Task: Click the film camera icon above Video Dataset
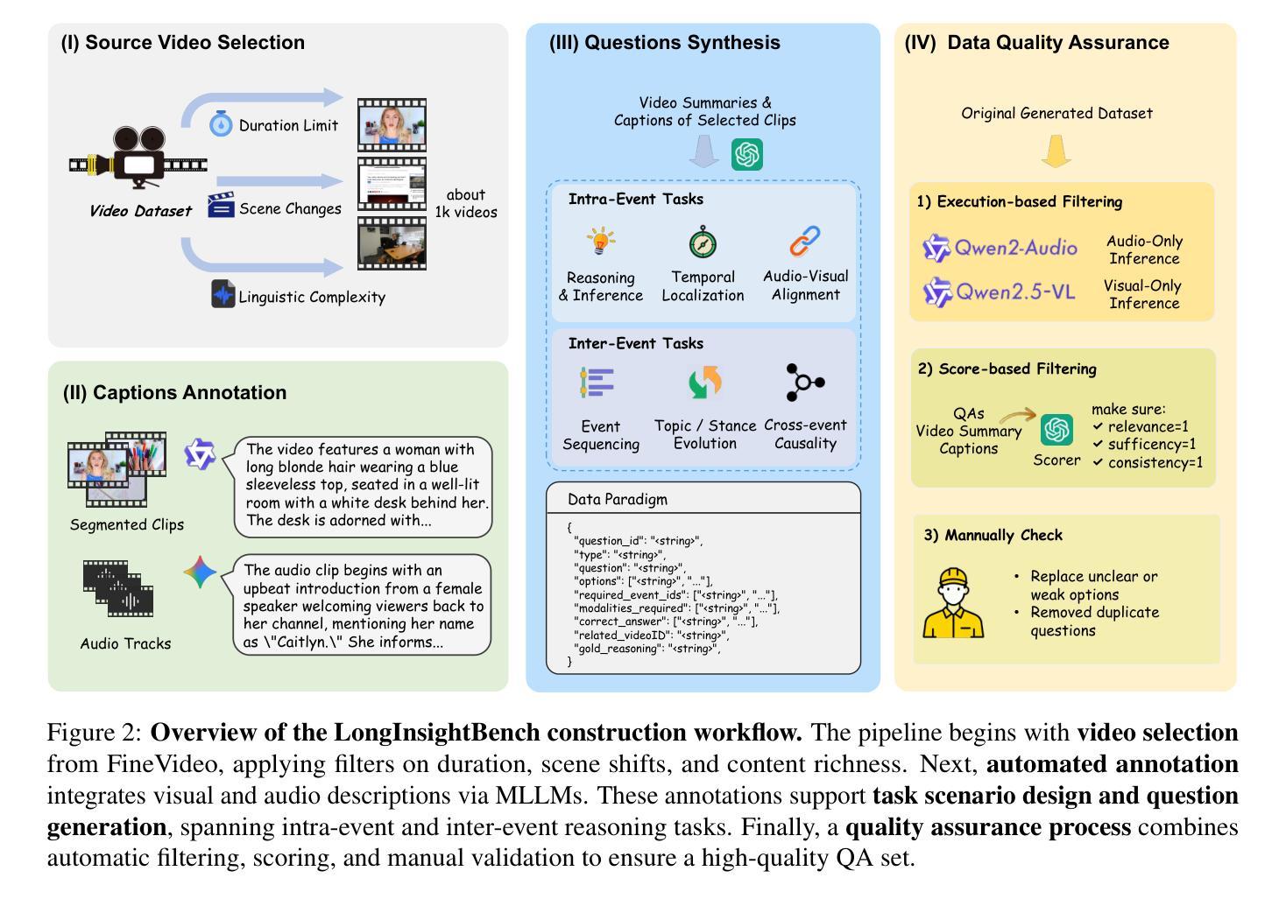pyautogui.click(x=138, y=158)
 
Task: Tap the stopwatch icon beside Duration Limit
pyautogui.click(x=221, y=123)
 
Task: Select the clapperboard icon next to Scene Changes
pyautogui.click(x=221, y=206)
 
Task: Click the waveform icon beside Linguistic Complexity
pyautogui.click(x=223, y=294)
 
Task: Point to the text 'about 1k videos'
pyautogui.click(x=465, y=203)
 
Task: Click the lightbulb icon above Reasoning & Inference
pyautogui.click(x=601, y=241)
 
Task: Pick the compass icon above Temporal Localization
pyautogui.click(x=703, y=242)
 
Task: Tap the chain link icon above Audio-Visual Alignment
pyautogui.click(x=804, y=241)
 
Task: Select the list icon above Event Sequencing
pyautogui.click(x=597, y=383)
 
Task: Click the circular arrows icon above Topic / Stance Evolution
pyautogui.click(x=704, y=383)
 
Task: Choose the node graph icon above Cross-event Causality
pyautogui.click(x=804, y=382)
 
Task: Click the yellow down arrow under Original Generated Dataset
pyautogui.click(x=1056, y=151)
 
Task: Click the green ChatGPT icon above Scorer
pyautogui.click(x=1056, y=430)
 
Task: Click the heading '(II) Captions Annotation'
pyautogui.click(x=174, y=392)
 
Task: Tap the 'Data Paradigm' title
pyautogui.click(x=618, y=500)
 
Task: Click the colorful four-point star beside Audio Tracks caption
pyautogui.click(x=200, y=572)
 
